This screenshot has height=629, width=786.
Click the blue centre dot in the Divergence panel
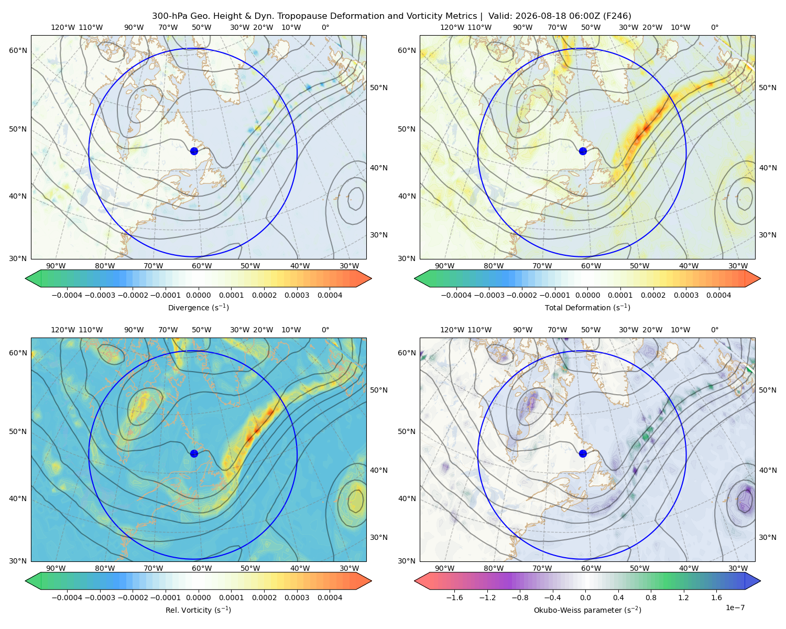click(194, 151)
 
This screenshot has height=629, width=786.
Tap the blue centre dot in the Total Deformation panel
click(583, 151)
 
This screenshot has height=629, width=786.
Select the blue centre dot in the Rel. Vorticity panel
click(194, 453)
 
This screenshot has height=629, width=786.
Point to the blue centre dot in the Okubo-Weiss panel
click(583, 453)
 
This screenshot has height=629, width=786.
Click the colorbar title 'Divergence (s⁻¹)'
click(198, 307)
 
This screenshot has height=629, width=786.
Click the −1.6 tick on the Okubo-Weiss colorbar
click(454, 598)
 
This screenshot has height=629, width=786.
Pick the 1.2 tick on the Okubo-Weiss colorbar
click(683, 598)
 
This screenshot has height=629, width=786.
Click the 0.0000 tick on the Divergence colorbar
click(198, 295)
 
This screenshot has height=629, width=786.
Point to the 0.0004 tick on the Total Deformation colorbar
click(718, 295)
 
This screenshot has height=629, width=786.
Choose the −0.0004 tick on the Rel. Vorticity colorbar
click(67, 598)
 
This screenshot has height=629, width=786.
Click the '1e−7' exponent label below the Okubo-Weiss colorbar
click(735, 608)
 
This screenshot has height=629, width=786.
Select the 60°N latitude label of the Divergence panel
click(18, 50)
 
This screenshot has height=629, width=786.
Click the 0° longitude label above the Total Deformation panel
click(714, 27)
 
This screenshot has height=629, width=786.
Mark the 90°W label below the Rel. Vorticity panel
click(56, 568)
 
